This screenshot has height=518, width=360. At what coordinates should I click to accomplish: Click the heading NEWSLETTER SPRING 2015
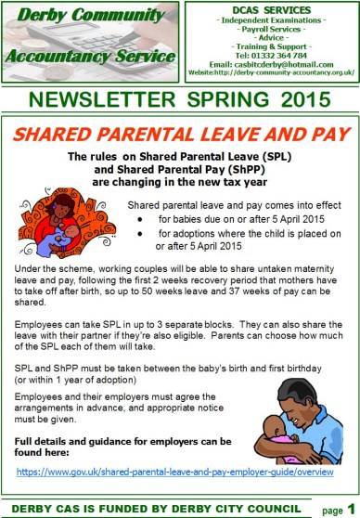coord(179,97)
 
